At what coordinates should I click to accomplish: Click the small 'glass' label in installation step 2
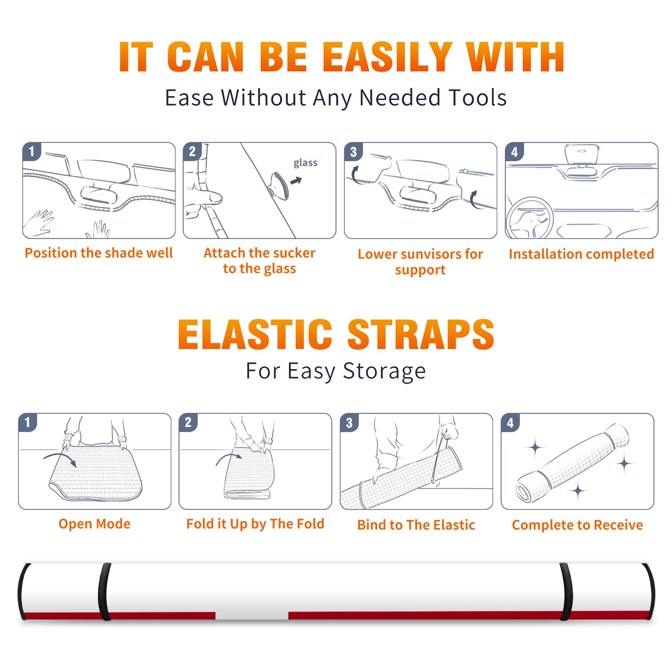(305, 163)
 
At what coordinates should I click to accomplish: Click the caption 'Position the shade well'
(99, 253)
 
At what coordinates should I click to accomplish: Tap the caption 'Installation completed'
(581, 254)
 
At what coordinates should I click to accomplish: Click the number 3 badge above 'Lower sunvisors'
(353, 152)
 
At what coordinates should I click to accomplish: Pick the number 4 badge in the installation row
(514, 152)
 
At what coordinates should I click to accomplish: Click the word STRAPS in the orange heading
(421, 334)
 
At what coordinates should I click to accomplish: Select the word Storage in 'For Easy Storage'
(384, 371)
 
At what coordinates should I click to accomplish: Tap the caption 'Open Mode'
(94, 524)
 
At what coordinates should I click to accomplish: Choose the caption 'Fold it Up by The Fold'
(255, 524)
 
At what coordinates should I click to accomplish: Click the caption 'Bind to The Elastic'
(416, 525)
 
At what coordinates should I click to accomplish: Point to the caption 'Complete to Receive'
(577, 525)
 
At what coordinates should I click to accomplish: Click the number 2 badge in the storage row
(188, 423)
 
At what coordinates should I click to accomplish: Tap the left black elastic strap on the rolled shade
(104, 591)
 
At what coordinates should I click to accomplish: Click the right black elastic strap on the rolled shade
(566, 591)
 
